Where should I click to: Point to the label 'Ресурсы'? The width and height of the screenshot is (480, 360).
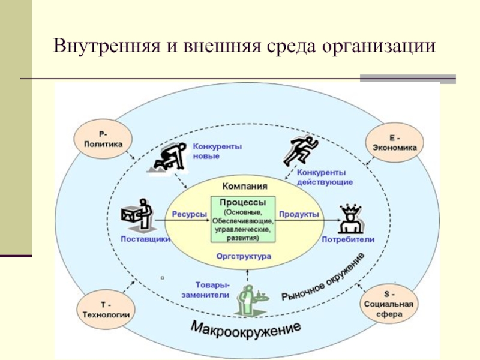click(190, 214)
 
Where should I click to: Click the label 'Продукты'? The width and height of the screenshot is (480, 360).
click(299, 214)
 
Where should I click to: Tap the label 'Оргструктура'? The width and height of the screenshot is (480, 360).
click(244, 256)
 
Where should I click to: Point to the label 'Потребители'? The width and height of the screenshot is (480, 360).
click(348, 239)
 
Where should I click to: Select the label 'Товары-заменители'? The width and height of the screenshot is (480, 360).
click(212, 289)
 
